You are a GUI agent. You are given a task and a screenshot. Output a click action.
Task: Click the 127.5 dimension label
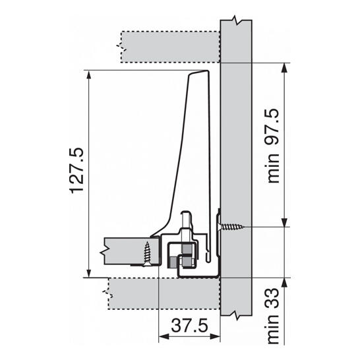point(76,171)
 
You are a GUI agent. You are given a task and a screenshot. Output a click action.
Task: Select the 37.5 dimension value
point(190,325)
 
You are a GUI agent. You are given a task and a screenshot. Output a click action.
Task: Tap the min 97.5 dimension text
point(273,146)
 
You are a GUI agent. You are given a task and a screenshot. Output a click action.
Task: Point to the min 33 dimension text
point(273,316)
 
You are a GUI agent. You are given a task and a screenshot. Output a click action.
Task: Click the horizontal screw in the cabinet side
point(231,227)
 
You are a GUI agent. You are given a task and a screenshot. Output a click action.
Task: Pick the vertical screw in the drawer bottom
point(147,254)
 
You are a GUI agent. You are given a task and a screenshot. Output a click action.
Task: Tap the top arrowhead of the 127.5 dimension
point(89,75)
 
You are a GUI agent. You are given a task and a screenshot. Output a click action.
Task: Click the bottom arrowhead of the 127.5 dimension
point(89,273)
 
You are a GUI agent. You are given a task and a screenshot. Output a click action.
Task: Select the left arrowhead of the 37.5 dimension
point(164,336)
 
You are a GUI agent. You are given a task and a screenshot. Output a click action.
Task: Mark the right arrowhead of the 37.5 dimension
point(215,336)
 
